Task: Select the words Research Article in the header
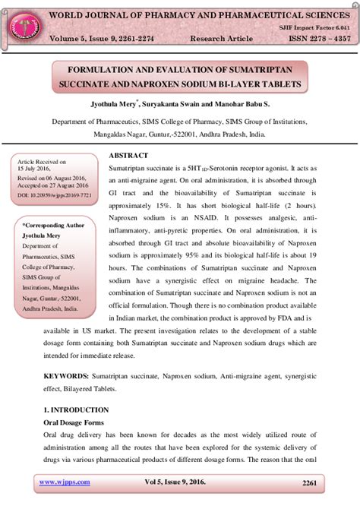[x=218, y=38]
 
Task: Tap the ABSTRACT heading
[x=128, y=156]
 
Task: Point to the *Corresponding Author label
[x=53, y=226]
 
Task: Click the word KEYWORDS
[x=65, y=376]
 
